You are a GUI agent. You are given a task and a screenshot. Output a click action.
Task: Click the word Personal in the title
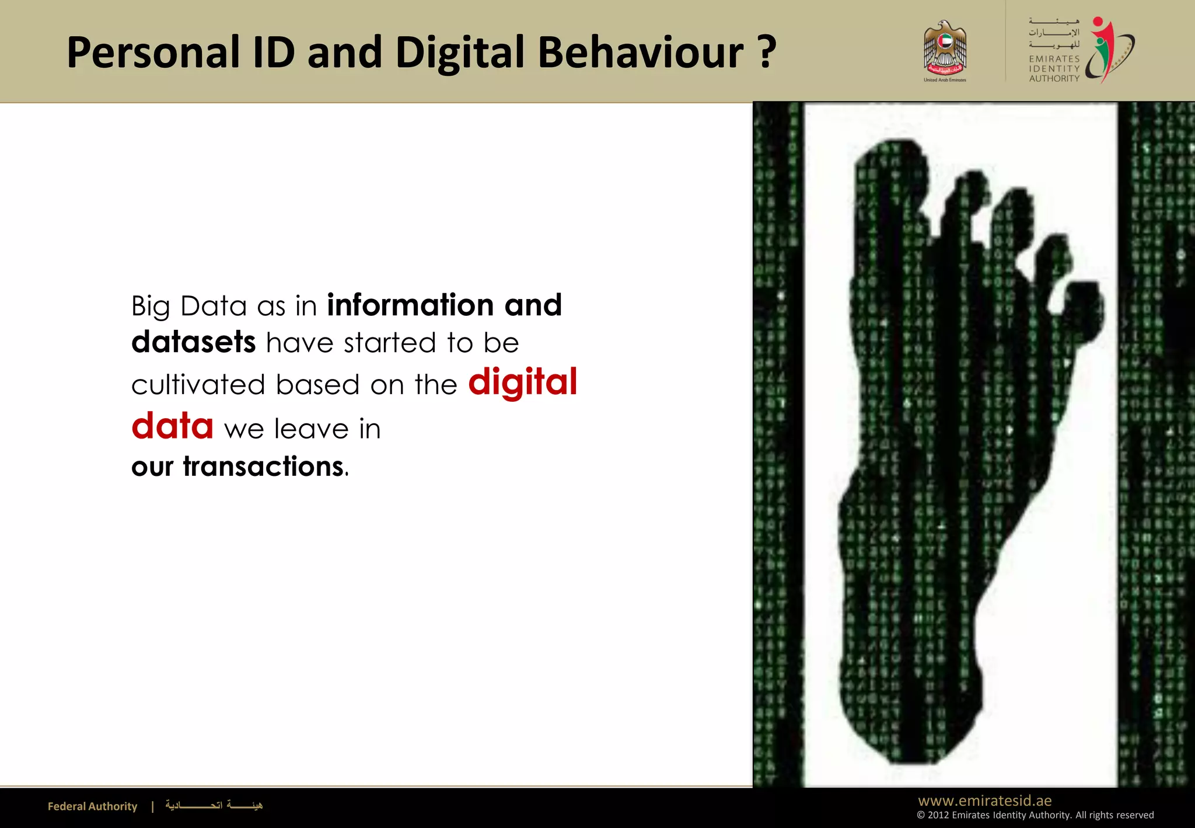point(153,53)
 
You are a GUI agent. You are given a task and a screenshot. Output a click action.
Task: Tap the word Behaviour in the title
point(640,53)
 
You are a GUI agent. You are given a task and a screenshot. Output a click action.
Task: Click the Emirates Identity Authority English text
point(1054,68)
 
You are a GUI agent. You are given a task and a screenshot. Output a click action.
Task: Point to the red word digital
point(522,383)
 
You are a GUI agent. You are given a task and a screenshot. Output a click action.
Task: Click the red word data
point(172,426)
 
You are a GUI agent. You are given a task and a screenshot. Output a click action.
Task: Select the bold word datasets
point(193,343)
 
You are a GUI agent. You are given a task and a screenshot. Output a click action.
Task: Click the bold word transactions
point(263,467)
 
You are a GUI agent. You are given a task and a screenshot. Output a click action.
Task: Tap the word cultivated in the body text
point(198,385)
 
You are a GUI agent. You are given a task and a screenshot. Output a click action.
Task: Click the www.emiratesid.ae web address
point(985,801)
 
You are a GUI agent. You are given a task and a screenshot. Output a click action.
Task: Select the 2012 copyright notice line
point(1035,815)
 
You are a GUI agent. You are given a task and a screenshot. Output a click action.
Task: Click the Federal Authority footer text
point(92,806)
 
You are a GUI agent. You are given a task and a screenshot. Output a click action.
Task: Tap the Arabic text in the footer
point(214,806)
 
